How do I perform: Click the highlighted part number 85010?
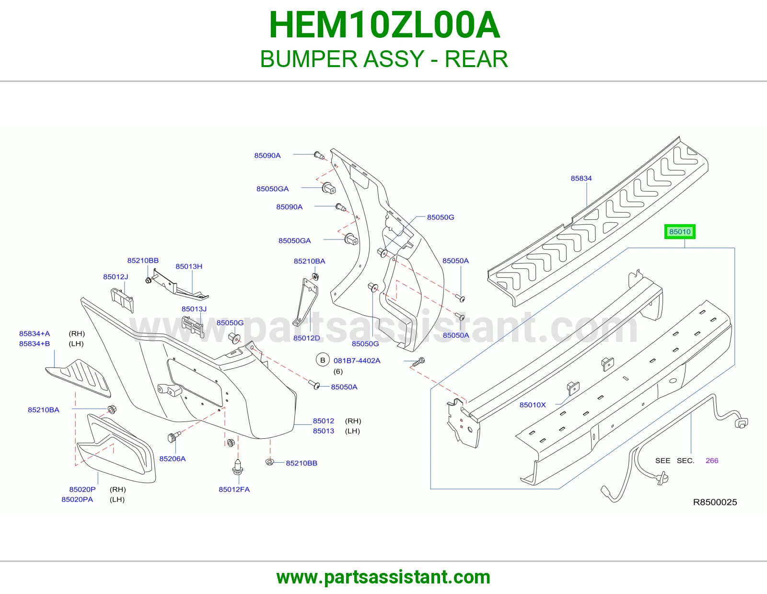[679, 232]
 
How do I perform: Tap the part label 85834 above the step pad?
[581, 179]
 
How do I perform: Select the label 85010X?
[532, 405]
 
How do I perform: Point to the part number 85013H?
[189, 266]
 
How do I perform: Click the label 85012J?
[116, 277]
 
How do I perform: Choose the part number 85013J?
[194, 309]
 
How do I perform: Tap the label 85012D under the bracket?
[306, 338]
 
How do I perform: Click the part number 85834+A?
[35, 334]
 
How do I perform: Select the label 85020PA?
[77, 500]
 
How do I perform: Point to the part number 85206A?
[172, 458]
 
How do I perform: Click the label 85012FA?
[234, 489]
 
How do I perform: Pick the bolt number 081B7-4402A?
[357, 361]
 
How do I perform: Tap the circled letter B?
[322, 360]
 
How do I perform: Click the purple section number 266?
[711, 460]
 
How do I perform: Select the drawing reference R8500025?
[715, 502]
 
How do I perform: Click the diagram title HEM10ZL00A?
[384, 25]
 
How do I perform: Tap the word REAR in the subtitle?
[476, 59]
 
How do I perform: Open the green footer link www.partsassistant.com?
[383, 577]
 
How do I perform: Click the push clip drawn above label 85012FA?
[238, 467]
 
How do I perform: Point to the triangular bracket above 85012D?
[307, 302]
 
